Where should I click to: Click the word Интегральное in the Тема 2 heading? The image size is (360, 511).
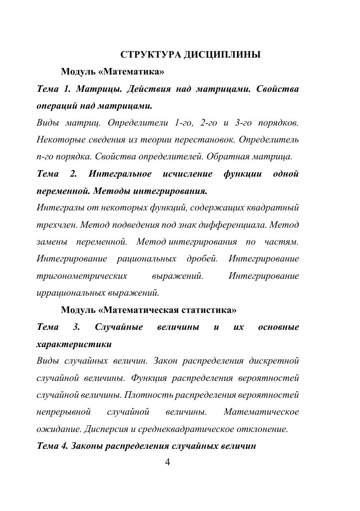pos(120,174)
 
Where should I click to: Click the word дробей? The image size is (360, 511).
pos(202,259)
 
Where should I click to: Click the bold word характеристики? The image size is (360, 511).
pos(74,344)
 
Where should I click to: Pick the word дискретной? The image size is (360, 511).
pos(274,361)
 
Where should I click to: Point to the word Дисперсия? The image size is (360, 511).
pos(104,429)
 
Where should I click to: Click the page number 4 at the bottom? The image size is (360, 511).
pos(167,462)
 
